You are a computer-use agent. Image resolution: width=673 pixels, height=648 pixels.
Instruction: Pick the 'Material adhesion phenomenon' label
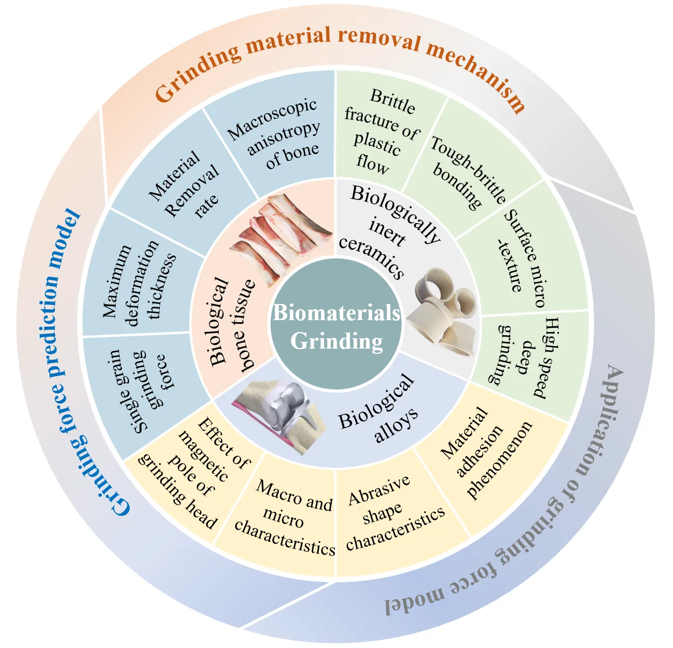click(x=485, y=451)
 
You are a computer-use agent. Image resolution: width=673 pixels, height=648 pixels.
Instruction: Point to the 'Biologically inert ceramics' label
click(x=386, y=228)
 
